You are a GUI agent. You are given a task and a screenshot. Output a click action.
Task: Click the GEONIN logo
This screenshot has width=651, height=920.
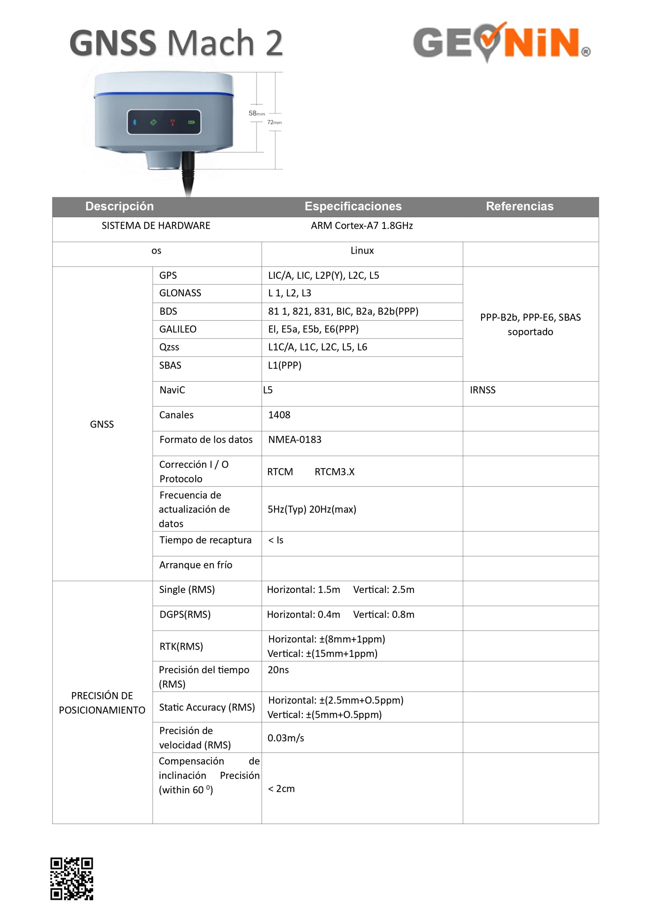tap(501, 42)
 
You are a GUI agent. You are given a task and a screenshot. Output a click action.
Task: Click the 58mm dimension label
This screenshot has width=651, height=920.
tap(257, 114)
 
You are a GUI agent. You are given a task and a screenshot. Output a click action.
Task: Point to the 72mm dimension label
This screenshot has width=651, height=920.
tap(275, 122)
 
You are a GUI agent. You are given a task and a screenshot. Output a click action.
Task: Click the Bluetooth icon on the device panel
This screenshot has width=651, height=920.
tap(135, 122)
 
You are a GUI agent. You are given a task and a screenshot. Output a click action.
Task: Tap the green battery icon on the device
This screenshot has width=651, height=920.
tap(192, 122)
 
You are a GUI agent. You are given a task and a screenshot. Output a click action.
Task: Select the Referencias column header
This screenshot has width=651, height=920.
tap(519, 206)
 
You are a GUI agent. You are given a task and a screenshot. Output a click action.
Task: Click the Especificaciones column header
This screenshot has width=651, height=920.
tap(353, 206)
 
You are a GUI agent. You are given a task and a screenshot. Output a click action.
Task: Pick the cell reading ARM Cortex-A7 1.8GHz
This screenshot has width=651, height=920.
tap(362, 226)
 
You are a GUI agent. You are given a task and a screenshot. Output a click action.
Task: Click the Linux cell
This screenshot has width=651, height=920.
tap(362, 250)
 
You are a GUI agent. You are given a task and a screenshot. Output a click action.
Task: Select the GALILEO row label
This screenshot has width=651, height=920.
tap(178, 330)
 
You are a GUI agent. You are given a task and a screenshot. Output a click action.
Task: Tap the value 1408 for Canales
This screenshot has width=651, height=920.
tap(279, 415)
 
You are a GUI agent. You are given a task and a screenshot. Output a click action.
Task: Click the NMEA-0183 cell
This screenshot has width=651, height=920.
tap(295, 440)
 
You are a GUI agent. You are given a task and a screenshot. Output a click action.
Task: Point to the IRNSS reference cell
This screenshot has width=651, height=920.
tap(483, 390)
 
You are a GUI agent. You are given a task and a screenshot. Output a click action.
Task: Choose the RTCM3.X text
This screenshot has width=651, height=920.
tap(334, 471)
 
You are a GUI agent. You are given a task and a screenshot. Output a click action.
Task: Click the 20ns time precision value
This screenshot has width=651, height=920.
tap(278, 670)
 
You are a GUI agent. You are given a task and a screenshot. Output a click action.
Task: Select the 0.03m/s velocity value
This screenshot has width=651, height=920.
tap(286, 738)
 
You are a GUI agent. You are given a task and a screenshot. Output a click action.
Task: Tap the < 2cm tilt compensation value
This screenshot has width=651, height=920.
tap(281, 788)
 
